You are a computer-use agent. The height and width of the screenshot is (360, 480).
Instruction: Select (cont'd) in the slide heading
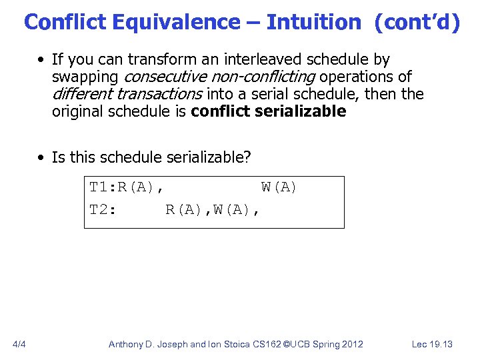click(x=417, y=22)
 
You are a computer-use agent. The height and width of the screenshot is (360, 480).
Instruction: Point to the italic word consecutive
click(x=166, y=77)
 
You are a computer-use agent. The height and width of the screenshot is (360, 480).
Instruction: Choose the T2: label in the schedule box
click(x=103, y=210)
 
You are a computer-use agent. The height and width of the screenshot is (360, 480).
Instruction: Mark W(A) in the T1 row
click(x=279, y=187)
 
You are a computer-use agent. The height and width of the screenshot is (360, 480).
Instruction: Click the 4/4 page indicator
click(x=20, y=344)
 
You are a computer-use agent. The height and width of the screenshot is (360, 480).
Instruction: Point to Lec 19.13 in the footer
click(x=432, y=344)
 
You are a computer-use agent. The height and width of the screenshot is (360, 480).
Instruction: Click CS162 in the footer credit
click(x=269, y=344)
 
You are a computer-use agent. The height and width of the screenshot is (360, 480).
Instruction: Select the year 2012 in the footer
click(x=351, y=344)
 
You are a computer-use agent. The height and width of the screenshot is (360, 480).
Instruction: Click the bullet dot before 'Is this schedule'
click(x=42, y=157)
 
